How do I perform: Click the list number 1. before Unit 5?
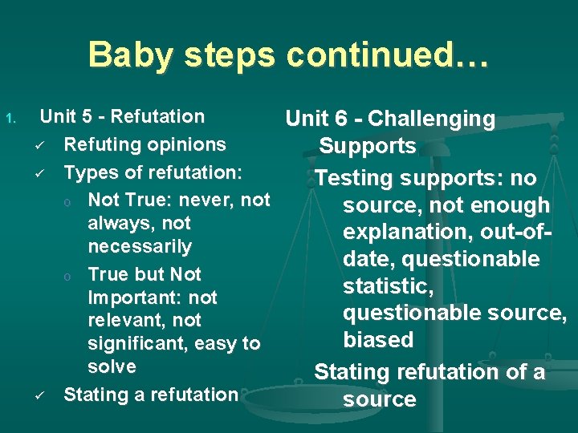point(10,119)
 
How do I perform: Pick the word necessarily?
point(140,246)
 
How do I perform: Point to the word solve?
point(112,366)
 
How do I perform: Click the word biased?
point(378,339)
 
